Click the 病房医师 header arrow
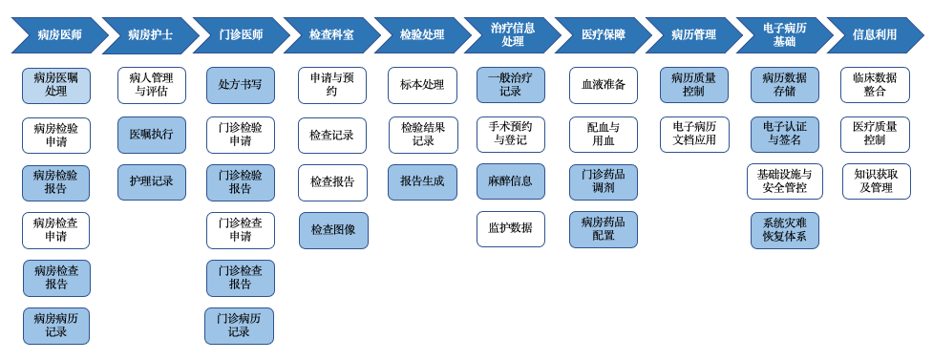[56, 35]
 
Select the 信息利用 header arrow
[874, 35]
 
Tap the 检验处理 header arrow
[421, 35]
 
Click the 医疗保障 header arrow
[603, 35]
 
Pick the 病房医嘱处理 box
[56, 85]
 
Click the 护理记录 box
[151, 181]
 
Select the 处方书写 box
[240, 85]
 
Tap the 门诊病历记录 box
[239, 326]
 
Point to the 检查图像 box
[332, 230]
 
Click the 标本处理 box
[422, 85]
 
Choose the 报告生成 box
[422, 181]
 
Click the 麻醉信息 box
[511, 181]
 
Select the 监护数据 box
[511, 229]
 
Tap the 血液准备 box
[604, 85]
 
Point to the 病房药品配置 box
[604, 229]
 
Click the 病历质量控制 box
[693, 85]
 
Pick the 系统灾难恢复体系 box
[784, 230]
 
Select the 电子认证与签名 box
[784, 134]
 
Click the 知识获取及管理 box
[876, 181]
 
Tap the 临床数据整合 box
[875, 85]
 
